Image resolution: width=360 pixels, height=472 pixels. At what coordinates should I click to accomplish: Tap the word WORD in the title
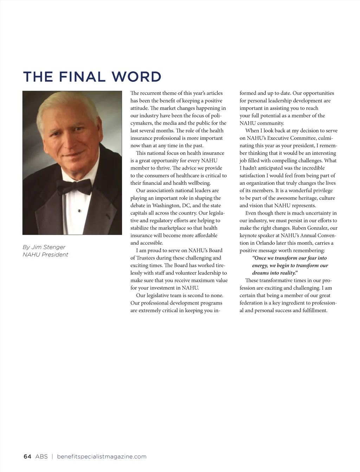point(136,77)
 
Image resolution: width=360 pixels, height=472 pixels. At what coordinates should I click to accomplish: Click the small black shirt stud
point(79,211)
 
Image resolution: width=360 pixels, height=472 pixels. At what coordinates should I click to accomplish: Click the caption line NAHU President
point(45,255)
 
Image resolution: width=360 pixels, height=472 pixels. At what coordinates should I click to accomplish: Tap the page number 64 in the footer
point(27,457)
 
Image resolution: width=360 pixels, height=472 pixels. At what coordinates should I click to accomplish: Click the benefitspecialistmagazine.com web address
point(102,457)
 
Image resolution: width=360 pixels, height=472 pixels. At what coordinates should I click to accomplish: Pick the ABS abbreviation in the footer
point(41,457)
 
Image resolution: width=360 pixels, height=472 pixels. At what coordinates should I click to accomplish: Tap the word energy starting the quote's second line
point(260,265)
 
